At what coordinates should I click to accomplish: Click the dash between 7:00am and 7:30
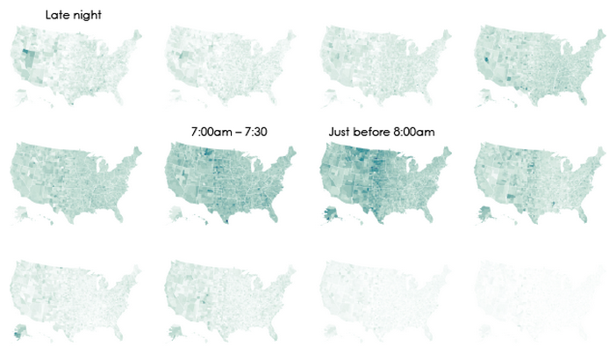coord(239,132)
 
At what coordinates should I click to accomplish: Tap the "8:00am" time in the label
coord(416,132)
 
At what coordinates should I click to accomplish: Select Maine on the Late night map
coord(135,38)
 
